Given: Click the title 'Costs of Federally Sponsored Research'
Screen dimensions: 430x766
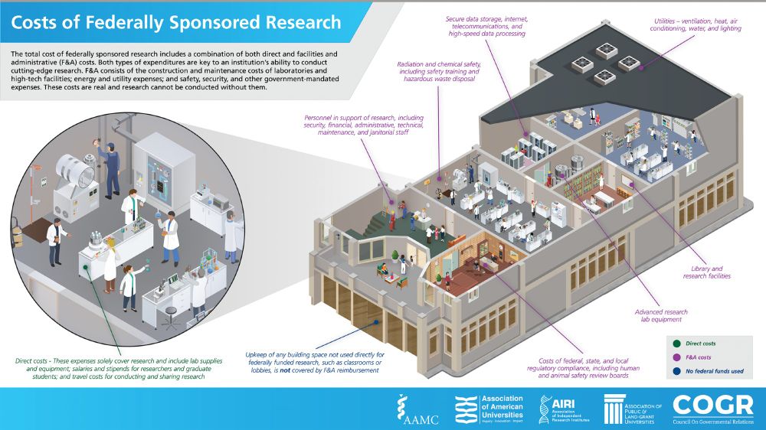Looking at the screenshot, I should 176,21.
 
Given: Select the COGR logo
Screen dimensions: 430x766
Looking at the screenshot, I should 712,409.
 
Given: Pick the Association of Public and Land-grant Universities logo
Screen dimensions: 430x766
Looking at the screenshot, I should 633,409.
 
